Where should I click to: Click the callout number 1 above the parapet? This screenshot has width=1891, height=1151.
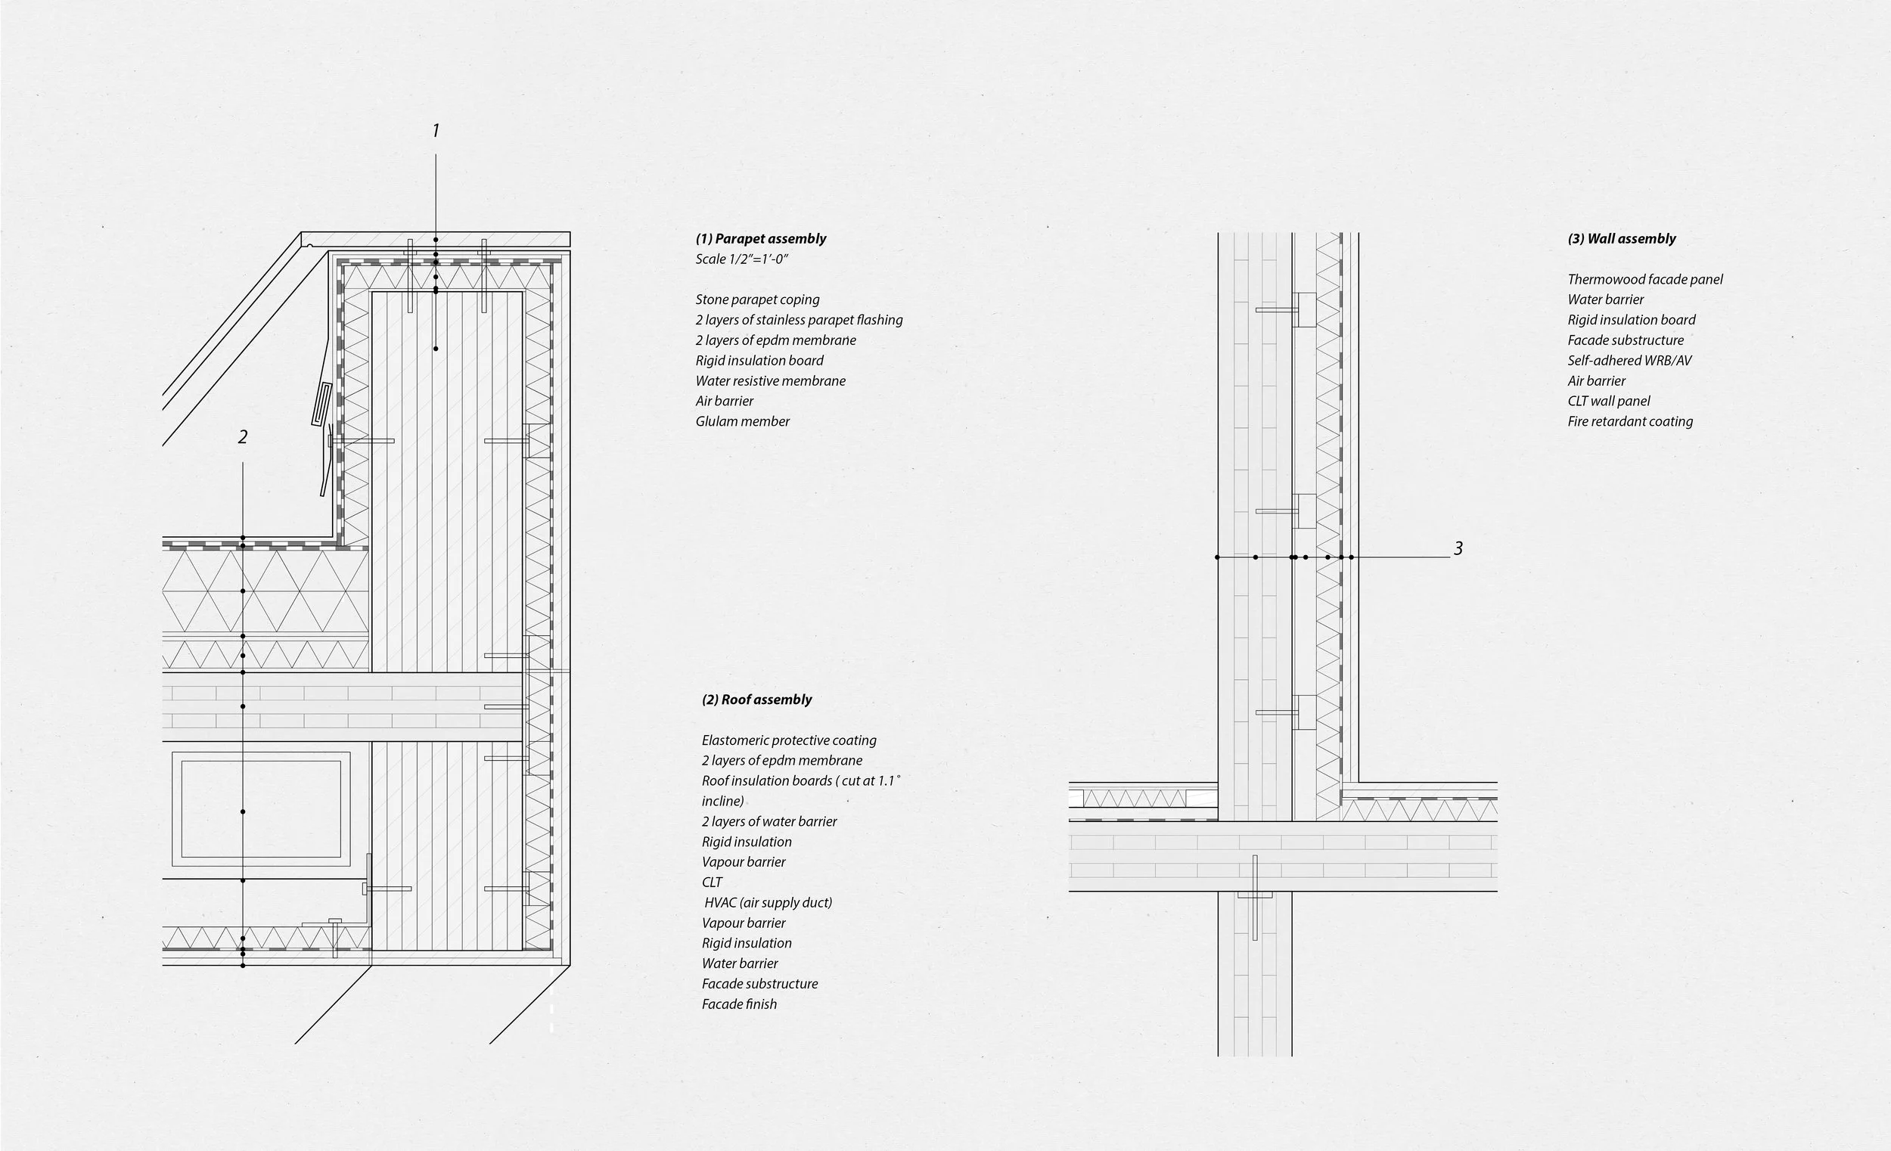tap(436, 132)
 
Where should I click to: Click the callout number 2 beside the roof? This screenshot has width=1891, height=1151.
tap(243, 437)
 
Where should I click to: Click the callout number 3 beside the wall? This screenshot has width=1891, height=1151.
tap(1458, 548)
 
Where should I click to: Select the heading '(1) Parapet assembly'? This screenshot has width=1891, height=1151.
tap(760, 239)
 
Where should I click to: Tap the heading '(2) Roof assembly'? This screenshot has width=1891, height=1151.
tap(756, 700)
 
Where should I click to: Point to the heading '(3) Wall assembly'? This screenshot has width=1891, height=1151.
tap(1621, 239)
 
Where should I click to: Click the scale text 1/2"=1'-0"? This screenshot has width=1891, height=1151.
tap(741, 259)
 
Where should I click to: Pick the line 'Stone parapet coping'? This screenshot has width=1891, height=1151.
tap(756, 300)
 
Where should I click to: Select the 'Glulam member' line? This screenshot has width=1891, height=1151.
tap(742, 421)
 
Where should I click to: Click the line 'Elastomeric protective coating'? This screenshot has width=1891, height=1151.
tap(788, 740)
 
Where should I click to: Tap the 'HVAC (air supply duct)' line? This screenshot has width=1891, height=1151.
tap(767, 903)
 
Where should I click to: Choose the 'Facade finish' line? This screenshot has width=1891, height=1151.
tap(738, 1004)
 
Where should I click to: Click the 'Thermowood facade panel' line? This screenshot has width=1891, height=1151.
tap(1644, 279)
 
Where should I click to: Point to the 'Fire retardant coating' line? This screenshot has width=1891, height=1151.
tap(1629, 421)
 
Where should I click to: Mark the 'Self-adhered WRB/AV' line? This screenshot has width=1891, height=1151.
tap(1629, 361)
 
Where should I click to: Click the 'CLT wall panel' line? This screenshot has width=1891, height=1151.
tap(1608, 402)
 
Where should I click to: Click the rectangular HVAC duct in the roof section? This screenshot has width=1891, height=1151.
tap(261, 808)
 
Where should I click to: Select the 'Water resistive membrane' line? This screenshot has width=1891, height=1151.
tap(770, 381)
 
